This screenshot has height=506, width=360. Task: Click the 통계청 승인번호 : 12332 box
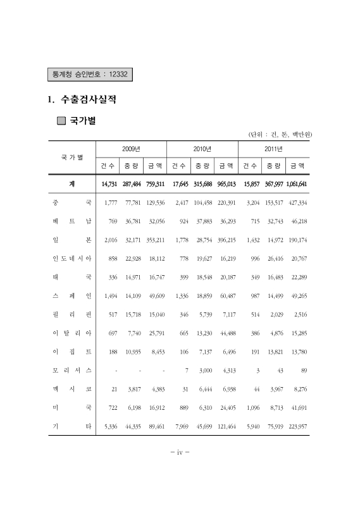[89, 75]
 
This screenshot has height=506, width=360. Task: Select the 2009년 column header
[131, 149]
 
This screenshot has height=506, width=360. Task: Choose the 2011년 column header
[273, 149]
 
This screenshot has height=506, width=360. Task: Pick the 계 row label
[72, 184]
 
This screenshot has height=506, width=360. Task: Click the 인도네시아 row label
[72, 259]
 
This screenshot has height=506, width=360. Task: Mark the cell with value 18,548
[202, 277]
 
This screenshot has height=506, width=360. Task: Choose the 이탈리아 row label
[72, 332]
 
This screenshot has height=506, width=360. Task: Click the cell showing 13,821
[273, 350]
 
